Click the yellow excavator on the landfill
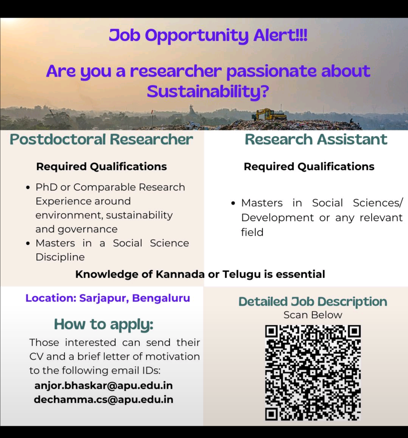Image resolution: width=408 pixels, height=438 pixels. coord(270,114)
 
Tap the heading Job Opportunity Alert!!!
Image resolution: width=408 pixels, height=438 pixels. coord(208,36)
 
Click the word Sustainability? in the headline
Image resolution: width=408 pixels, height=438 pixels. coord(208,91)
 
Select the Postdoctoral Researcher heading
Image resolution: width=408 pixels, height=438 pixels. coord(101,139)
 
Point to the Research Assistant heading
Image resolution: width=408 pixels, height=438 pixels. coord(316,139)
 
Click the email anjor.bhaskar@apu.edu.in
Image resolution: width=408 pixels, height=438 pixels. coord(104,385)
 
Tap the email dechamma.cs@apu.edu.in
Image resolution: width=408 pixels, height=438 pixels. coord(104,399)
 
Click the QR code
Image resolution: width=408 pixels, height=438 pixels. coord(313,373)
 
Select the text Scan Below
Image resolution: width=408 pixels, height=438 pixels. coord(313,315)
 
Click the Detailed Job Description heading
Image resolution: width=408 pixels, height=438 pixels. coord(313,302)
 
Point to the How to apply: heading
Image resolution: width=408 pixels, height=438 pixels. coord(104,324)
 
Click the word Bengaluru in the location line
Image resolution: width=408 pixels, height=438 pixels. coord(161,298)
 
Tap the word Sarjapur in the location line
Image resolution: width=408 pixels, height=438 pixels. coord(104,298)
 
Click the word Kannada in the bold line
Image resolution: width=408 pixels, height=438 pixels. coord(180,274)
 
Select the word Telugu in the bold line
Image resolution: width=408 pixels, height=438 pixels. coord(241,275)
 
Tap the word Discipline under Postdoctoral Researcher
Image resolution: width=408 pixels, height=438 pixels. coord(60,257)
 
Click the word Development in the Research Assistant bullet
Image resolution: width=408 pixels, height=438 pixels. coord(277,218)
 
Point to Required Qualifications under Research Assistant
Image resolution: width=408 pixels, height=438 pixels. coord(309,167)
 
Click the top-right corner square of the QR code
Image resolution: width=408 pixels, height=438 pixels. coord(354,331)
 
